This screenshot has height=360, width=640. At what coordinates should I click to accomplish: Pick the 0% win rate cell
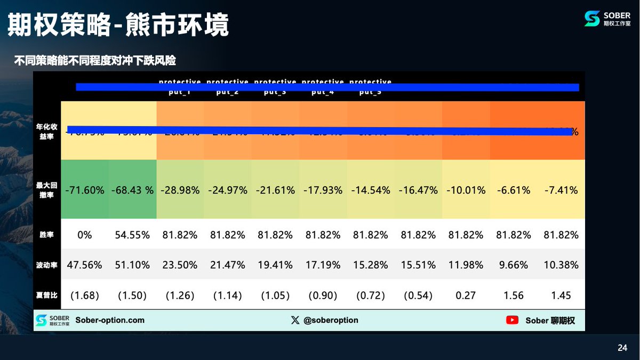pyautogui.click(x=85, y=235)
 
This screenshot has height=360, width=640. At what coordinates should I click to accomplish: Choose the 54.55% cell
pyautogui.click(x=132, y=235)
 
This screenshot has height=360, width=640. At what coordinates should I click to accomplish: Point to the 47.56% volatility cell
pyautogui.click(x=85, y=265)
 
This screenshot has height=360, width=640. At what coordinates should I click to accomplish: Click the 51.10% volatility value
pyautogui.click(x=132, y=265)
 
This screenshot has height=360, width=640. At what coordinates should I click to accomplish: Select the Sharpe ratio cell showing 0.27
pyautogui.click(x=465, y=295)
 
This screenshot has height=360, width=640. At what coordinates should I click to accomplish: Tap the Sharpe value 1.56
pyautogui.click(x=513, y=295)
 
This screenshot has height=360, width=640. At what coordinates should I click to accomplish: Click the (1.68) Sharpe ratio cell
pyautogui.click(x=85, y=295)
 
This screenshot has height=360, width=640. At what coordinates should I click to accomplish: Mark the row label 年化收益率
pyautogui.click(x=47, y=131)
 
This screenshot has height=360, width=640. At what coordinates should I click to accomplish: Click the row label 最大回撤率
pyautogui.click(x=47, y=189)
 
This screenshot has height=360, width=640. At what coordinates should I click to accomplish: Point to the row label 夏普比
pyautogui.click(x=47, y=295)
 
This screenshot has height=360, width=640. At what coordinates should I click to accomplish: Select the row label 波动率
pyautogui.click(x=47, y=265)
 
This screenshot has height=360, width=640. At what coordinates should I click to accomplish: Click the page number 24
pyautogui.click(x=622, y=348)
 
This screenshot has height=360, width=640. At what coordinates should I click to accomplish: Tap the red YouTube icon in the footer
pyautogui.click(x=513, y=320)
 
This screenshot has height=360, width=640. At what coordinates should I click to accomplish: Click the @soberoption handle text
pyautogui.click(x=331, y=320)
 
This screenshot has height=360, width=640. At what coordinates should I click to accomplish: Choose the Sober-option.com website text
pyautogui.click(x=110, y=320)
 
